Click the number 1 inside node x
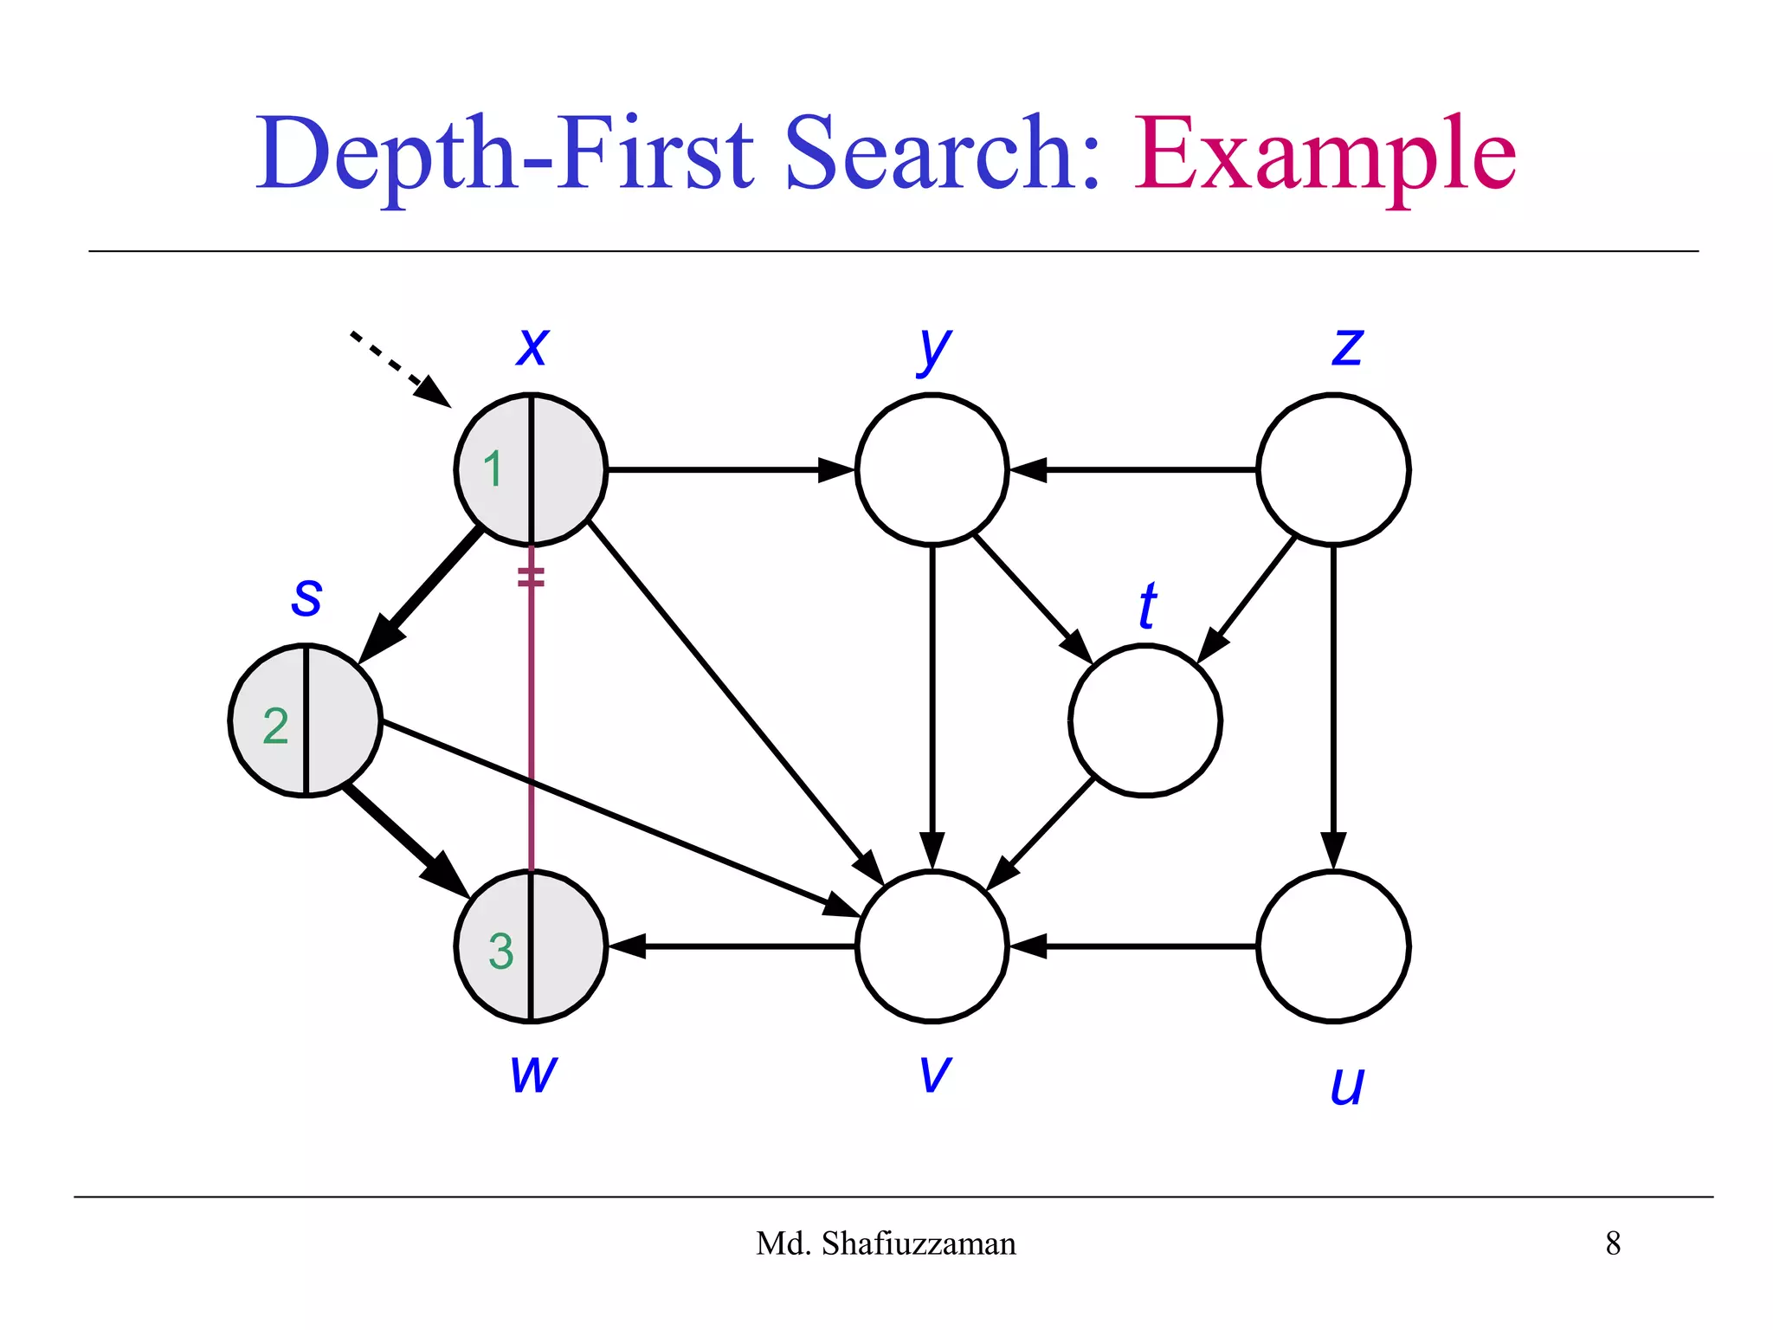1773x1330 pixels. (493, 469)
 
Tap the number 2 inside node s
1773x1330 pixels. (275, 726)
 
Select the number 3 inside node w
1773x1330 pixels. (501, 951)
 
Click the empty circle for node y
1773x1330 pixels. (932, 469)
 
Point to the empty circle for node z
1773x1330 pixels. (1333, 469)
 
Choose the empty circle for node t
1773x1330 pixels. (1144, 720)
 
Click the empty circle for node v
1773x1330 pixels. (932, 946)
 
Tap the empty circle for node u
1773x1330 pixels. (1333, 946)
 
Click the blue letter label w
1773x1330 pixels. (533, 1074)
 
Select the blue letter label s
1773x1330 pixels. (306, 597)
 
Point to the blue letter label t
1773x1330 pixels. (1148, 605)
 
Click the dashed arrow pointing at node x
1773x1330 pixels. (398, 368)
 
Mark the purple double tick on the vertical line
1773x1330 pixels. (531, 577)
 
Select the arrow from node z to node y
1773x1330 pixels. (1134, 469)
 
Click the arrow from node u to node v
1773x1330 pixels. (1134, 946)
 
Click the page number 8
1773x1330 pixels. (1613, 1243)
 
